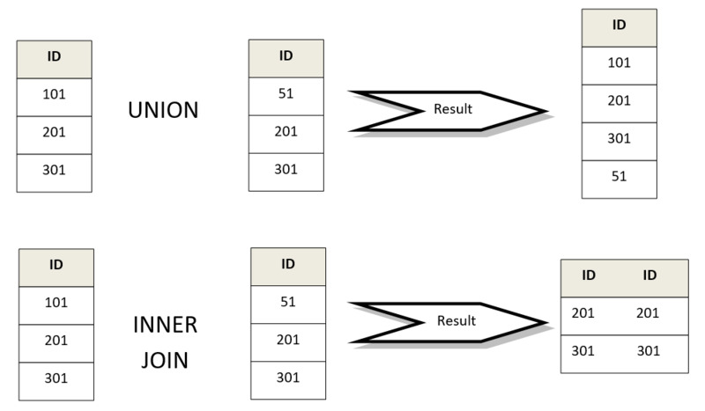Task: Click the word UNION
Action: pos(163,110)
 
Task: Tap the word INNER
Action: pos(166,325)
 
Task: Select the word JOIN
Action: pos(165,360)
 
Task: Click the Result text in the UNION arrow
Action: pos(453,109)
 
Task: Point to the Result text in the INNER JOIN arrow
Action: pos(456,320)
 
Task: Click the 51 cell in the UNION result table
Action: pos(620,180)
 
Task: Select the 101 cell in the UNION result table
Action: pos(620,66)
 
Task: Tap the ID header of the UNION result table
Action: pos(620,28)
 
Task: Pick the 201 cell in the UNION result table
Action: pos(620,103)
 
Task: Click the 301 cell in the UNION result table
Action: pos(620,142)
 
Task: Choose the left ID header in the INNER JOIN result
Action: pos(589,275)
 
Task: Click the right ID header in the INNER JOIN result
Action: pos(649,275)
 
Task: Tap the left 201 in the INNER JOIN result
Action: pos(583,312)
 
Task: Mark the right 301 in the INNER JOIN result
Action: pos(649,350)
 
